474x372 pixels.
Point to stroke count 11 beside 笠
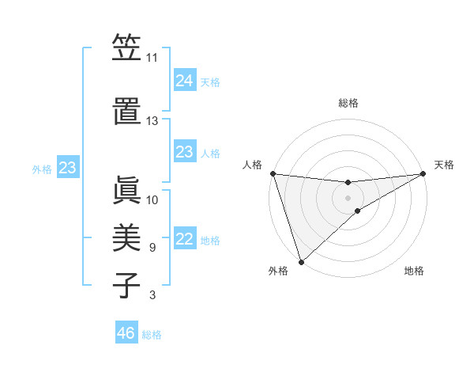pyautogui.click(x=152, y=58)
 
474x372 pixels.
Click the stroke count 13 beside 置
pyautogui.click(x=152, y=121)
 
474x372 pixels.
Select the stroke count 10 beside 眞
pyautogui.click(x=152, y=200)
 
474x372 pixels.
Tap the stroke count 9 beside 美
pyautogui.click(x=152, y=248)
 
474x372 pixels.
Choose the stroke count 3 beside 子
pyautogui.click(x=152, y=295)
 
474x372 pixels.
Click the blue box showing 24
pyautogui.click(x=185, y=81)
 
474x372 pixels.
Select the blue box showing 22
pyautogui.click(x=185, y=240)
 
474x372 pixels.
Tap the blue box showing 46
pyautogui.click(x=126, y=333)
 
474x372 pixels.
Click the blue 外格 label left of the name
pyautogui.click(x=42, y=169)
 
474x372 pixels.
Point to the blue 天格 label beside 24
pyautogui.click(x=210, y=82)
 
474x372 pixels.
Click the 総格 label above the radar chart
pyautogui.click(x=348, y=103)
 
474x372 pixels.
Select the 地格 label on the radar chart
pyautogui.click(x=414, y=271)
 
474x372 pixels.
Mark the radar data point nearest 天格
pyautogui.click(x=423, y=173)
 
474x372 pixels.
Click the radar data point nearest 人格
pyautogui.click(x=273, y=173)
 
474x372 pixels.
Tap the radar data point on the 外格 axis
pyautogui.click(x=301, y=261)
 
